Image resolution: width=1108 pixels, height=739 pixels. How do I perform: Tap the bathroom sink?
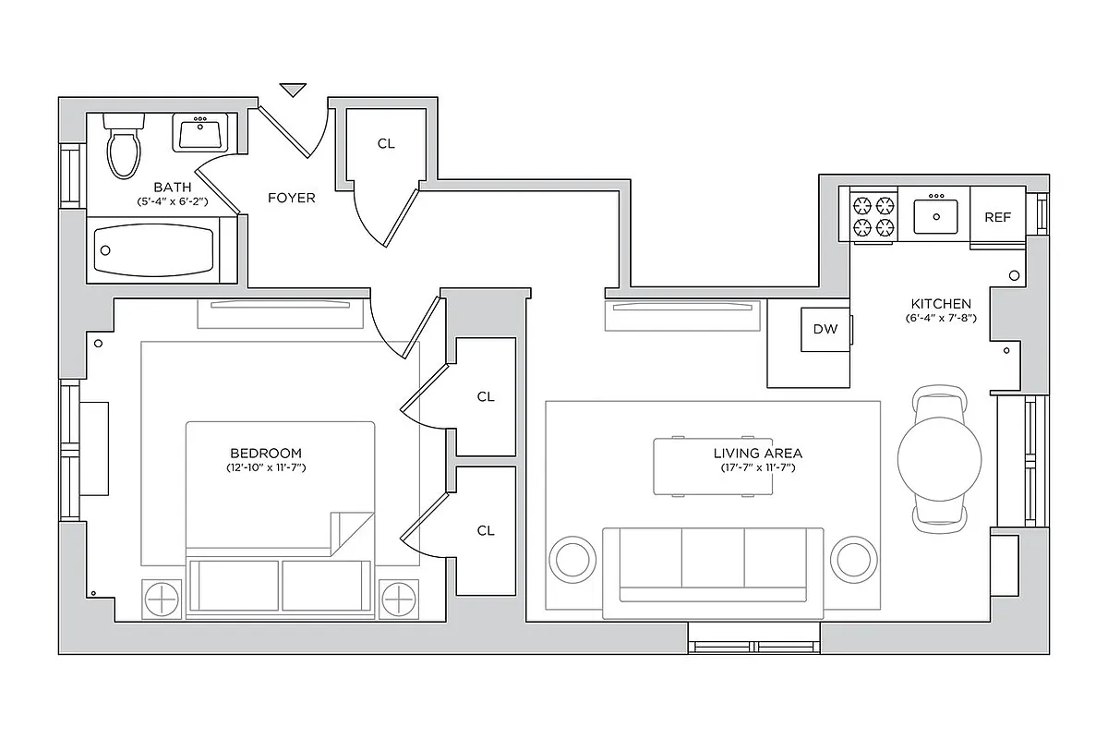(x=200, y=135)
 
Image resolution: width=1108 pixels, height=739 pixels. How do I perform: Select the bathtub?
(x=154, y=250)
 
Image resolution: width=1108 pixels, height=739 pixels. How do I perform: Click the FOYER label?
(x=292, y=198)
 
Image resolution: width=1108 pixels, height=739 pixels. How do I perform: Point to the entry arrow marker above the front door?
(x=293, y=90)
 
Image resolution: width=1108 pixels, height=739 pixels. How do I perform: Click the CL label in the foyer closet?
(x=386, y=144)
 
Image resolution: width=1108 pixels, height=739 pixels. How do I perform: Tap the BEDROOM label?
(x=266, y=453)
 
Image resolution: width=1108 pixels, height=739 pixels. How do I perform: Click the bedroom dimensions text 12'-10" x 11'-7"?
(x=266, y=468)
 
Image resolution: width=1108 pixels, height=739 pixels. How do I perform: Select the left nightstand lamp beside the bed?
(x=161, y=599)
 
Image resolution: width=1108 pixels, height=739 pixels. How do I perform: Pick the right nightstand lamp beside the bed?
(x=399, y=599)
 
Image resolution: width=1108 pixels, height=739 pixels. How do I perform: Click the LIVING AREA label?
(x=757, y=453)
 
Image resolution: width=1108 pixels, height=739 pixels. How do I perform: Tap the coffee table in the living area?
(x=713, y=466)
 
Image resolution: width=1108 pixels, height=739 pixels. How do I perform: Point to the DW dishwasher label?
(x=825, y=329)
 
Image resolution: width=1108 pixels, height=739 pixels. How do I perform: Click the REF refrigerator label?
(x=997, y=218)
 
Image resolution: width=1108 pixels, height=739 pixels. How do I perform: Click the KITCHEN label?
(x=941, y=304)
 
